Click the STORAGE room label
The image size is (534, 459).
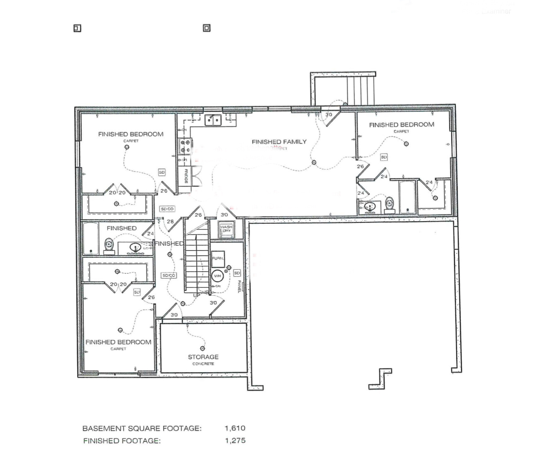tap(203, 357)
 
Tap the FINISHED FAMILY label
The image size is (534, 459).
tap(279, 142)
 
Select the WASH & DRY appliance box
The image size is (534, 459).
tap(226, 229)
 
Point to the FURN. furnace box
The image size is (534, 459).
tap(218, 258)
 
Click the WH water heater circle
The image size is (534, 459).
tap(217, 276)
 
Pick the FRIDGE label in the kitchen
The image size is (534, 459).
tap(186, 176)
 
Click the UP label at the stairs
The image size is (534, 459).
tap(197, 295)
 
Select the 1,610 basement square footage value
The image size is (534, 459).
tap(235, 428)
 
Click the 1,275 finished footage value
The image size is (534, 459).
tap(235, 440)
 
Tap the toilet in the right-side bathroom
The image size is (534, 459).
tap(390, 203)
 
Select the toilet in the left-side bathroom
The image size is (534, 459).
tap(109, 244)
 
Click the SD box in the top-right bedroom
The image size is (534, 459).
tap(384, 157)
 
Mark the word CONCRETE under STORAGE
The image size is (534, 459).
tap(203, 364)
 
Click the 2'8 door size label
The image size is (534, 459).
tap(170, 222)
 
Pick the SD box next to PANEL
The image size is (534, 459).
tap(237, 273)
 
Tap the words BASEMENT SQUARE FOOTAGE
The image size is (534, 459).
tap(142, 428)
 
